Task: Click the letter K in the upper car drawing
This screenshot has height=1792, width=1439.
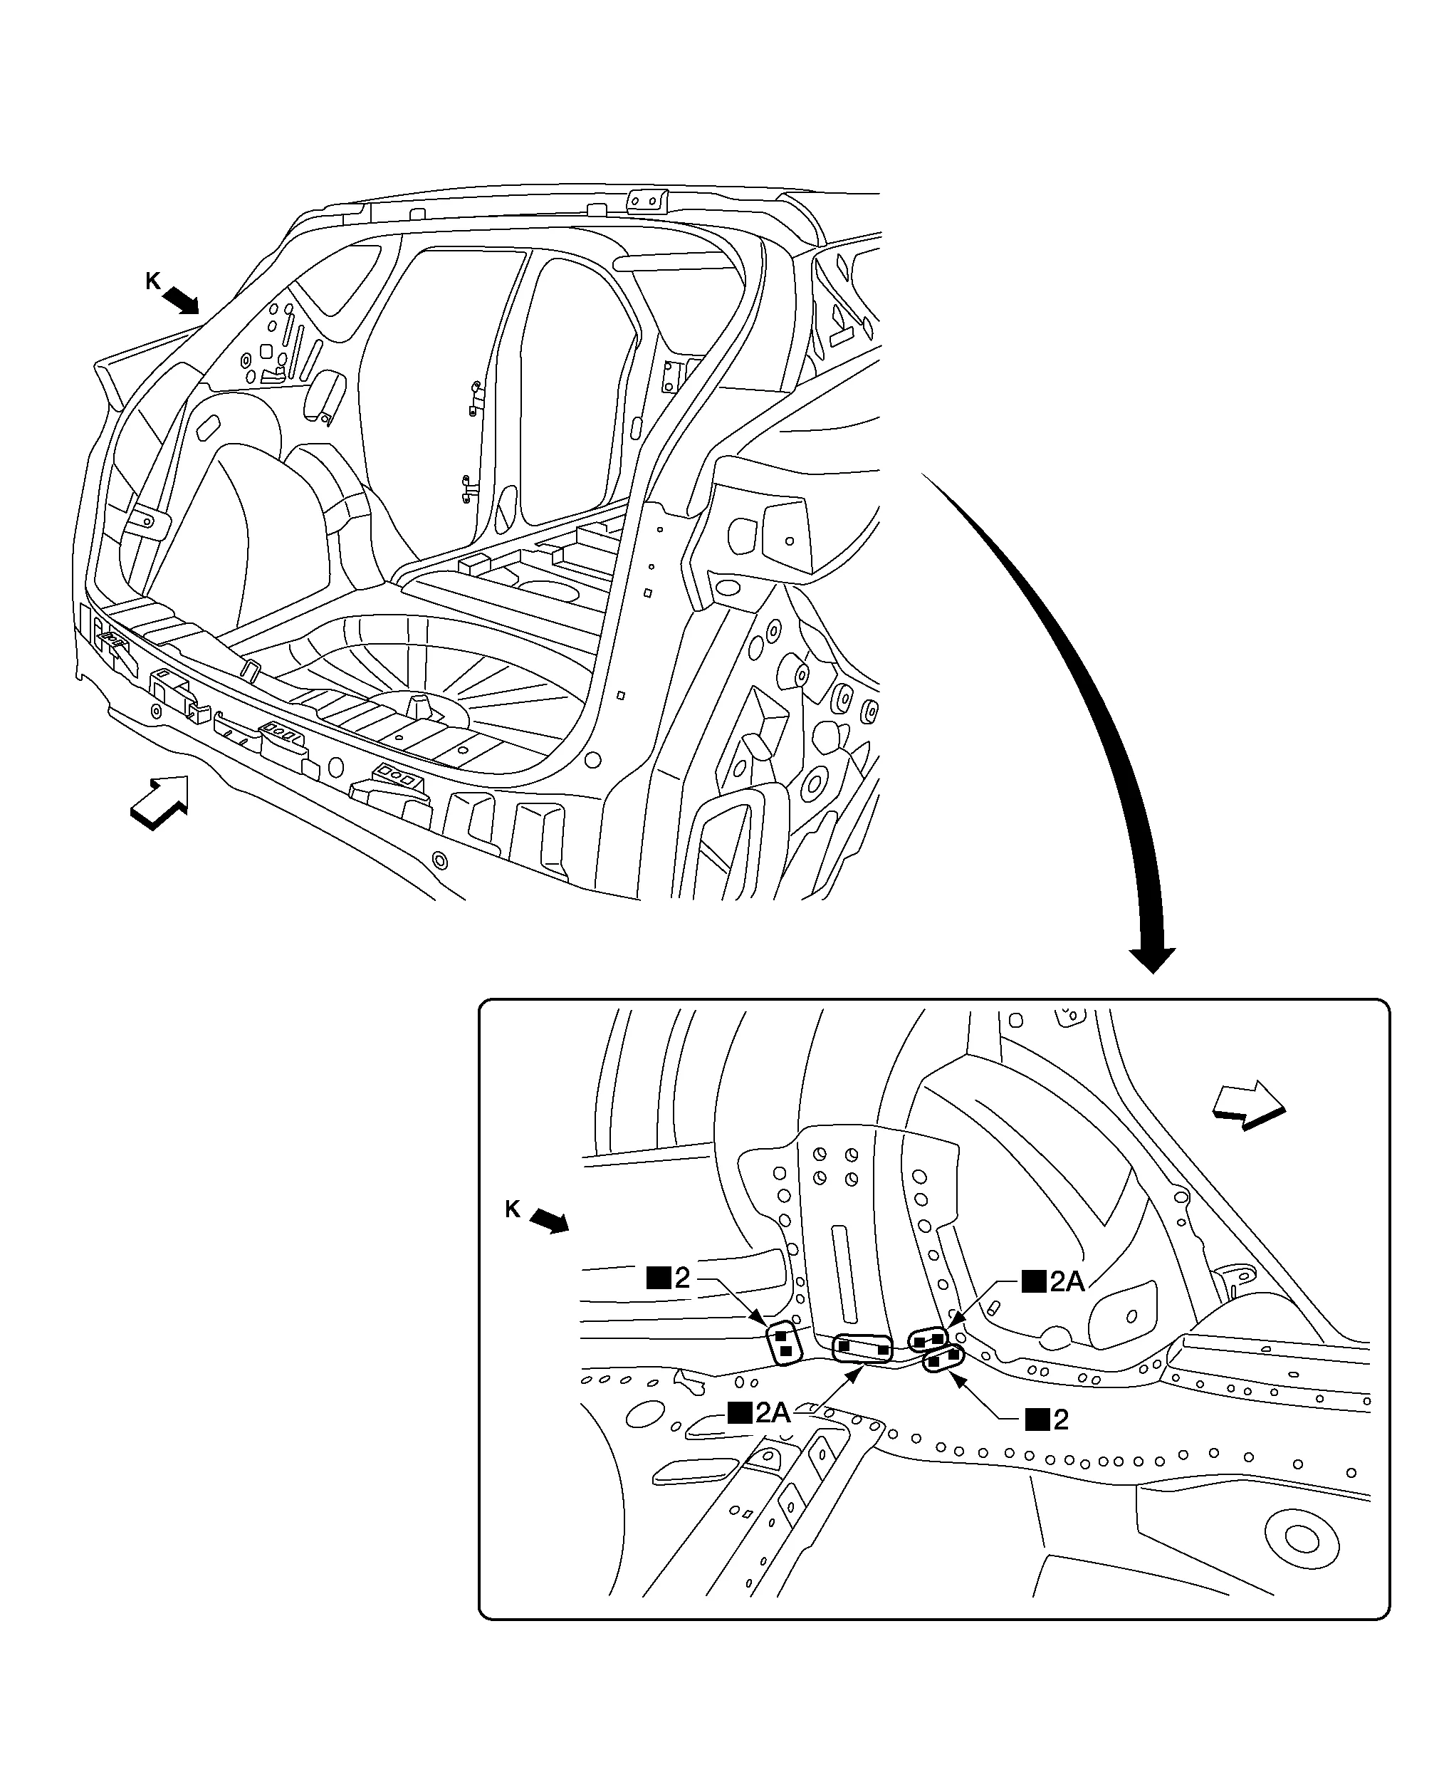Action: click(152, 282)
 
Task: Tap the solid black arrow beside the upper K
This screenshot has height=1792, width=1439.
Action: click(181, 301)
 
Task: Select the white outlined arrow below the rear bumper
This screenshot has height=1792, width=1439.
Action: click(159, 801)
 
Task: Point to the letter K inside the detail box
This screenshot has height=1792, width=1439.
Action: click(513, 1209)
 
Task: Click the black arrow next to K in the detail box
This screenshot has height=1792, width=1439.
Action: click(549, 1221)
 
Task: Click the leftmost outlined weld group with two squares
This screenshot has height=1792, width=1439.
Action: click(783, 1343)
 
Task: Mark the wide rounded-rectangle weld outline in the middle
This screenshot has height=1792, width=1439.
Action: click(862, 1348)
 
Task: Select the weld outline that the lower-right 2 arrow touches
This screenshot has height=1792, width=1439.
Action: click(943, 1360)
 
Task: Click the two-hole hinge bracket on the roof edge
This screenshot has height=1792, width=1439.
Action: click(647, 201)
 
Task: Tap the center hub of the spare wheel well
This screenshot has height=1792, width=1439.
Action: click(417, 707)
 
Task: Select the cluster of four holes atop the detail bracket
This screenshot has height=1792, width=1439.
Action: click(835, 1166)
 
